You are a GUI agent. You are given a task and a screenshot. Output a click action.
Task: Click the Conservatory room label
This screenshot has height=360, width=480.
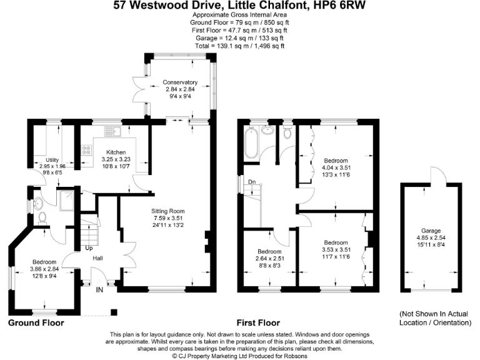(180, 82)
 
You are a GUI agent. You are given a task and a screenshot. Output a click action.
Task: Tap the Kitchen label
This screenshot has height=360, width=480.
(116, 152)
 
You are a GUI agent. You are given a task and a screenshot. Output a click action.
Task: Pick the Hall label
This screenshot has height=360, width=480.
(97, 257)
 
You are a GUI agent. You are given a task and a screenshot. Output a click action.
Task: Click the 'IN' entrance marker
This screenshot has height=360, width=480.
(99, 290)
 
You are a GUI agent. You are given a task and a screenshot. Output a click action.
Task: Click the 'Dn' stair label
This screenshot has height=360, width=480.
(252, 182)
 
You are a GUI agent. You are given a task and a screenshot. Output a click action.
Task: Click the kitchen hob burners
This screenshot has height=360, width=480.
(86, 151)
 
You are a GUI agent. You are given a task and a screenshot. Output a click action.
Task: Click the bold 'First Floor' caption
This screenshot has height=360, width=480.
(257, 323)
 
